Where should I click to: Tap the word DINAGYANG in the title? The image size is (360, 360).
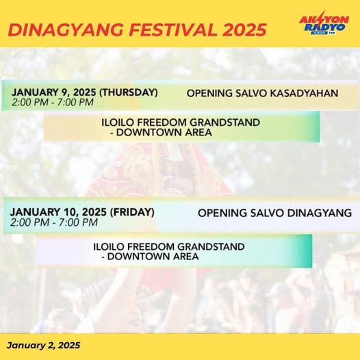point(60,29)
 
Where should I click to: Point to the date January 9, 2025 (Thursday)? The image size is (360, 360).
point(84,92)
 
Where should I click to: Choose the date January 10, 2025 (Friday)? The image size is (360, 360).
point(82,211)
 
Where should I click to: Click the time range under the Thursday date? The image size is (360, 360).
point(53,103)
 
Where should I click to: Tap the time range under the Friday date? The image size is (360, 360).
point(54,222)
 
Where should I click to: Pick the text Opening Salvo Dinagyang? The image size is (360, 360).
point(274,213)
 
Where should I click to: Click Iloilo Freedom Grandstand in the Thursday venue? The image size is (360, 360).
point(181,123)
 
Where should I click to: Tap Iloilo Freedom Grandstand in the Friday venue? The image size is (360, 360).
point(169,246)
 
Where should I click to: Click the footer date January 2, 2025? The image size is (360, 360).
point(44,346)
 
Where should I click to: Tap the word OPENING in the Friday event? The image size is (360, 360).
point(221,213)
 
